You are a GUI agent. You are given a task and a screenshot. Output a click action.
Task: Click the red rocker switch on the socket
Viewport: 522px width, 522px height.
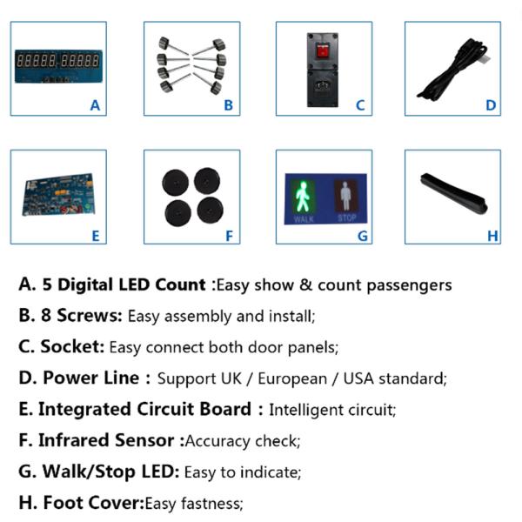pyautogui.click(x=322, y=51)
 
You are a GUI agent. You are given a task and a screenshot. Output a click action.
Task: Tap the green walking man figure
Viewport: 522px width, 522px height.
pyautogui.click(x=303, y=197)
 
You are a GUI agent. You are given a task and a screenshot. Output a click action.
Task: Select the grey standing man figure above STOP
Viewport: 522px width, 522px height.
pyautogui.click(x=345, y=196)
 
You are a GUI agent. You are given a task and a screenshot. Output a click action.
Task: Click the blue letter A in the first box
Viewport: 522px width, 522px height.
pyautogui.click(x=95, y=105)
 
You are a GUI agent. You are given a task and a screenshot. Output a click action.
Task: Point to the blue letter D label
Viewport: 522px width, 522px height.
pyautogui.click(x=491, y=105)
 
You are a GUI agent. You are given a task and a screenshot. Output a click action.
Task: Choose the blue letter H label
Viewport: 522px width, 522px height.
pyautogui.click(x=492, y=236)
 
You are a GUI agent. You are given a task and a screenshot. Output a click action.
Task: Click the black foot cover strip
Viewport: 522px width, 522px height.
pyautogui.click(x=454, y=193)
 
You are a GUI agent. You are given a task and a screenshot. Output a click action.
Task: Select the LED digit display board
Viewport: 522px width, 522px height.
pyautogui.click(x=58, y=66)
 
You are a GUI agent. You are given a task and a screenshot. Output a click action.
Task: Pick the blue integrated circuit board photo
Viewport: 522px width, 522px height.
pyautogui.click(x=58, y=195)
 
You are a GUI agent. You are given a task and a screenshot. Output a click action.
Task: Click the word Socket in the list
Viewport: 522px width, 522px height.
pyautogui.click(x=72, y=346)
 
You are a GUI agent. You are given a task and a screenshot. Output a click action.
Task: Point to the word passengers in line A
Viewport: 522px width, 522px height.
pyautogui.click(x=409, y=285)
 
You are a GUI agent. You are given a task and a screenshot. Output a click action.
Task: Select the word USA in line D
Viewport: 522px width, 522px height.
pyautogui.click(x=358, y=378)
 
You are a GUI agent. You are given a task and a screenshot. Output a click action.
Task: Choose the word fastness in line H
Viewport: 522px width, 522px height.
pyautogui.click(x=212, y=503)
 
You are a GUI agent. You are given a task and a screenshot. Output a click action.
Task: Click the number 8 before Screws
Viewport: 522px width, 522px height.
pyautogui.click(x=46, y=315)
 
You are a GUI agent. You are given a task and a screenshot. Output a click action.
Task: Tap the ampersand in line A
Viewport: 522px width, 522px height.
pyautogui.click(x=305, y=285)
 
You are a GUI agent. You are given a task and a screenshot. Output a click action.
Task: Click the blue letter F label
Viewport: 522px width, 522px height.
pyautogui.click(x=229, y=236)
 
